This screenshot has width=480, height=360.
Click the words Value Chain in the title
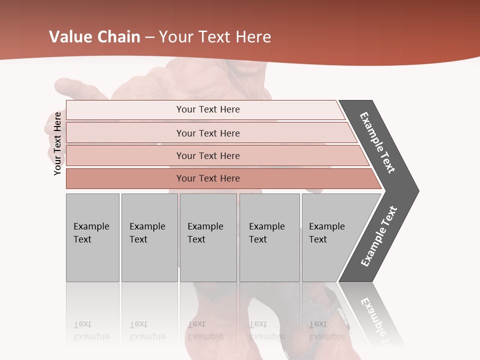94,37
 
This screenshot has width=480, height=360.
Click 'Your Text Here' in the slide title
215,37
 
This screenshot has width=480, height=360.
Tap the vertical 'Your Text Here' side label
57,143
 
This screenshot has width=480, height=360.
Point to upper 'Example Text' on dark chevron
378,142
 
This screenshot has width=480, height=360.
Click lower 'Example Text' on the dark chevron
379,236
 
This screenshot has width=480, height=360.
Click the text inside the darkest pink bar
208,178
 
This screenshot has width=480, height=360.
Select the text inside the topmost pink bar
208,109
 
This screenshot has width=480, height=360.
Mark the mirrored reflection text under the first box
91,330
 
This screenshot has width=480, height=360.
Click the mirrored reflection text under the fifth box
326,330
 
